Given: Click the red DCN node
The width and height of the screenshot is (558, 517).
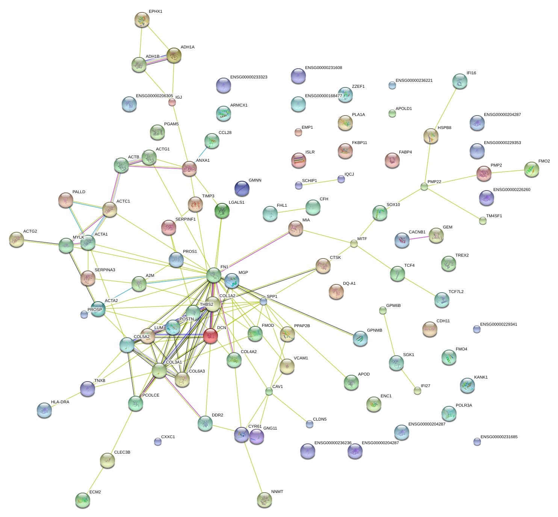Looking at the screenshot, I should click(x=210, y=335).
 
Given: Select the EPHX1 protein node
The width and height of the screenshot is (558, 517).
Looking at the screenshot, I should click(x=142, y=20).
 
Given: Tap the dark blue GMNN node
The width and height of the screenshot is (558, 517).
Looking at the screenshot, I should click(x=242, y=188).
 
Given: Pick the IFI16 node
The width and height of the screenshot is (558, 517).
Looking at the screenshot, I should click(x=460, y=81).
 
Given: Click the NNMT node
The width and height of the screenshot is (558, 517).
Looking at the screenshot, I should click(x=264, y=499).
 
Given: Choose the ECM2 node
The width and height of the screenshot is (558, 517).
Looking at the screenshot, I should click(x=82, y=500).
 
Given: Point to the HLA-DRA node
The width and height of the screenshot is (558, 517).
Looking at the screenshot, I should click(x=44, y=410).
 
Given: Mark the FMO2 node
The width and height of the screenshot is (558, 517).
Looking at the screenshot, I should click(x=531, y=169).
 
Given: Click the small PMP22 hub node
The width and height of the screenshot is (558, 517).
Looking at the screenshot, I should click(x=424, y=186).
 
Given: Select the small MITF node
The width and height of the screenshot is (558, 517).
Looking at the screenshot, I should click(x=354, y=243).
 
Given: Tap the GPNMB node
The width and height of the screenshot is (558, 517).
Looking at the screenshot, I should click(x=360, y=338).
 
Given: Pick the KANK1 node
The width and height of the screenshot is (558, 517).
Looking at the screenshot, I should click(x=467, y=385).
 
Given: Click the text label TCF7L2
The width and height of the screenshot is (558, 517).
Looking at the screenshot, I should click(x=456, y=292).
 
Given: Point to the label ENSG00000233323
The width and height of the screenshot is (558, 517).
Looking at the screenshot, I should click(x=249, y=77).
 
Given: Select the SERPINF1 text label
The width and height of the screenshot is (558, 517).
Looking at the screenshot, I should click(x=185, y=219).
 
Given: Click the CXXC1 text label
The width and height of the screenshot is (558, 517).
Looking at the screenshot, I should click(x=168, y=437).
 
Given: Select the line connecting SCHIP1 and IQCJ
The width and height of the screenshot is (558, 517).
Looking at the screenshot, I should click(x=320, y=182).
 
